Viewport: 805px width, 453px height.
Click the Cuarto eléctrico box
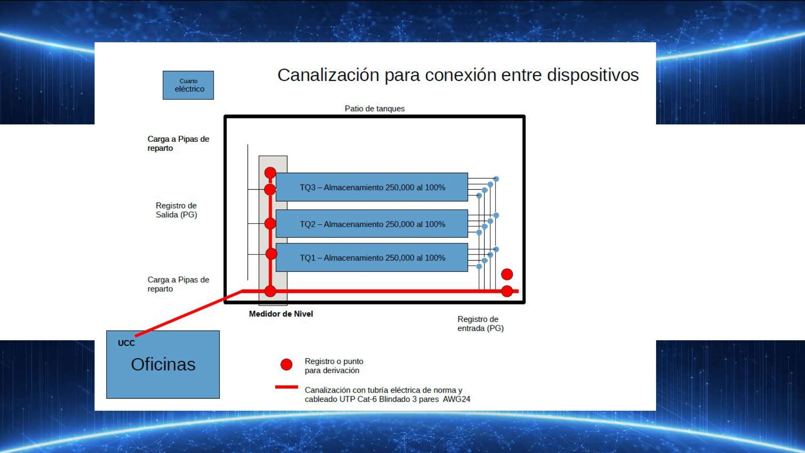(188, 85)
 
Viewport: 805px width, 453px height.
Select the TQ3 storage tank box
(372, 187)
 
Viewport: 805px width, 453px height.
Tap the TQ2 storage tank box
(372, 224)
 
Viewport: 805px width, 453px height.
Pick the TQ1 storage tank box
(372, 257)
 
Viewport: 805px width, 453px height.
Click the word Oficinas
(163, 364)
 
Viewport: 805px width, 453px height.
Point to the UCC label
(126, 343)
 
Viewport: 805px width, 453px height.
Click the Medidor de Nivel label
(281, 314)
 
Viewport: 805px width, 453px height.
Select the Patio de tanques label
(374, 109)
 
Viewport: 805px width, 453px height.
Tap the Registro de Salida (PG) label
(176, 210)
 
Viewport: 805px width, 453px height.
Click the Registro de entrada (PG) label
(481, 324)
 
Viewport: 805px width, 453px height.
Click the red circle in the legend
(286, 364)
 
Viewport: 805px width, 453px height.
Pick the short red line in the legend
(287, 387)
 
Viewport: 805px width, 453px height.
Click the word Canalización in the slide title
(328, 75)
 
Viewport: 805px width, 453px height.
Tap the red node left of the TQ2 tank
(270, 223)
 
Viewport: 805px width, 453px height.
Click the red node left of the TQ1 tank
(271, 254)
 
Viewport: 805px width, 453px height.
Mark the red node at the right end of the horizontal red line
(507, 291)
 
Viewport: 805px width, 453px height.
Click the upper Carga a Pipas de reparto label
(178, 143)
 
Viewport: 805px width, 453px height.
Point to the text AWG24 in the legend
(456, 399)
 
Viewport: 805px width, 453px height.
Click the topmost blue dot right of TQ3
(496, 179)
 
